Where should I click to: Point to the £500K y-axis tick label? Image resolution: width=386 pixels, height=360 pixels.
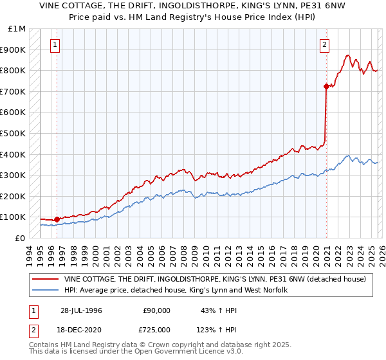13,133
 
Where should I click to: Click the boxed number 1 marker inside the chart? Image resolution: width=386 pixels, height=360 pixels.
55,45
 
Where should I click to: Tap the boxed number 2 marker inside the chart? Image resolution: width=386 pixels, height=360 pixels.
325,45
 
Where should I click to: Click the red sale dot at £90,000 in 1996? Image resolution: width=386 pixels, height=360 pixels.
57,219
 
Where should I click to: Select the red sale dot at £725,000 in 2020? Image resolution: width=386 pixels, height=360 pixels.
326,86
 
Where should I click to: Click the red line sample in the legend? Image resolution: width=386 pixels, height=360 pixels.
45,279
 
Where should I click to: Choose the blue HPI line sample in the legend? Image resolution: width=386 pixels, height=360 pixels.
45,291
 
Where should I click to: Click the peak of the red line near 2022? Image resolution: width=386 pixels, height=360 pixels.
347,55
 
